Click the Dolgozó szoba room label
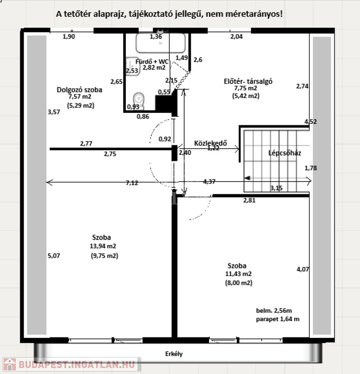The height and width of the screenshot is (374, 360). pos(79,90)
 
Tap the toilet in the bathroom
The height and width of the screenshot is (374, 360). pos(139,100)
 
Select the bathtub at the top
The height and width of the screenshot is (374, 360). pos(161,43)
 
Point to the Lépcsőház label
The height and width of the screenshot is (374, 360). pos(284,153)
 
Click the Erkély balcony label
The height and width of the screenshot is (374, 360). pos(174,354)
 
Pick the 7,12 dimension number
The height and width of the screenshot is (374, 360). pos(132,183)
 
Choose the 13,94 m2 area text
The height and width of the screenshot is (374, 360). pos(103,246)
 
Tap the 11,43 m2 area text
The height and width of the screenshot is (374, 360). pos(238,274)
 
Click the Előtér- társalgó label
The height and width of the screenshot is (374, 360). pos(248,81)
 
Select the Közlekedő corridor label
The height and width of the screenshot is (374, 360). pos(210,143)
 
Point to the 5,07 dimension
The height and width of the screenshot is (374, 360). pos(54,256)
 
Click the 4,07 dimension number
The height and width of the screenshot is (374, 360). pos(303,269)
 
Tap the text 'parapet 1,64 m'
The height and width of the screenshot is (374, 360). pos(278,319)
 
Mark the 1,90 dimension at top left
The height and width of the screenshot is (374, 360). pos(69,37)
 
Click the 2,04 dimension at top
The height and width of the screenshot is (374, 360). pos(236,37)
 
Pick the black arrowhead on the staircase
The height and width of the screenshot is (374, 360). pos(247,178)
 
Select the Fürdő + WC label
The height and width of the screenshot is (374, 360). pos(152,61)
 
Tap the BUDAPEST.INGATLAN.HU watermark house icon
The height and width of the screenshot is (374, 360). pos(10,364)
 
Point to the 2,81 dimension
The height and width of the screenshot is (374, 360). pos(249,200)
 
